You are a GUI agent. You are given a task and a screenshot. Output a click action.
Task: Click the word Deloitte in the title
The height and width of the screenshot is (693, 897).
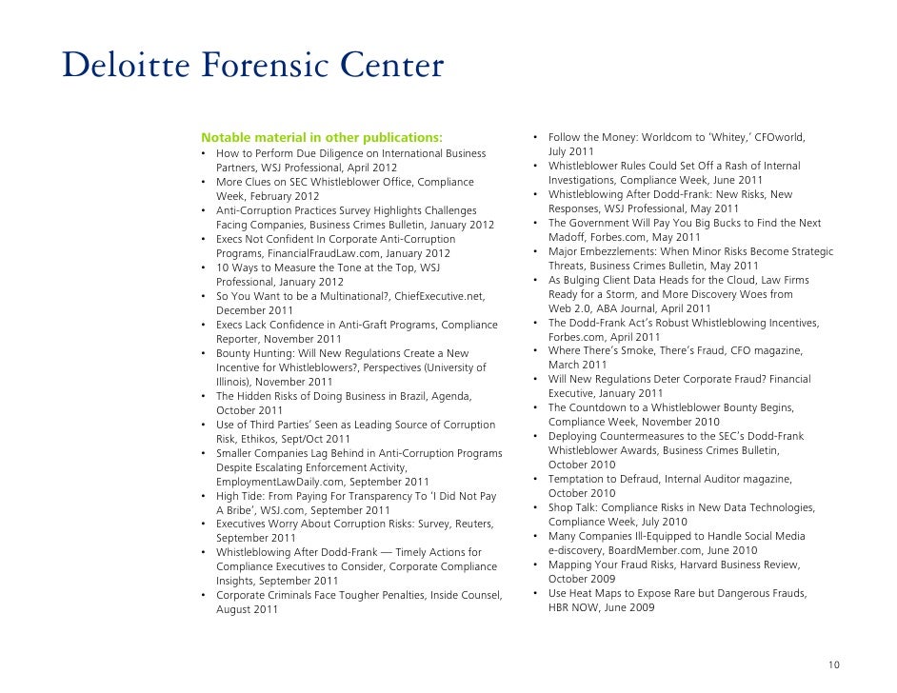(123, 67)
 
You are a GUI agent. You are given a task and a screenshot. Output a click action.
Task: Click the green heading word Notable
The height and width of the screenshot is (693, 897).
(225, 138)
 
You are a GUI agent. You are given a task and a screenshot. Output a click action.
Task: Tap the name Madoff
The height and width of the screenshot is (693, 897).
(568, 237)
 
